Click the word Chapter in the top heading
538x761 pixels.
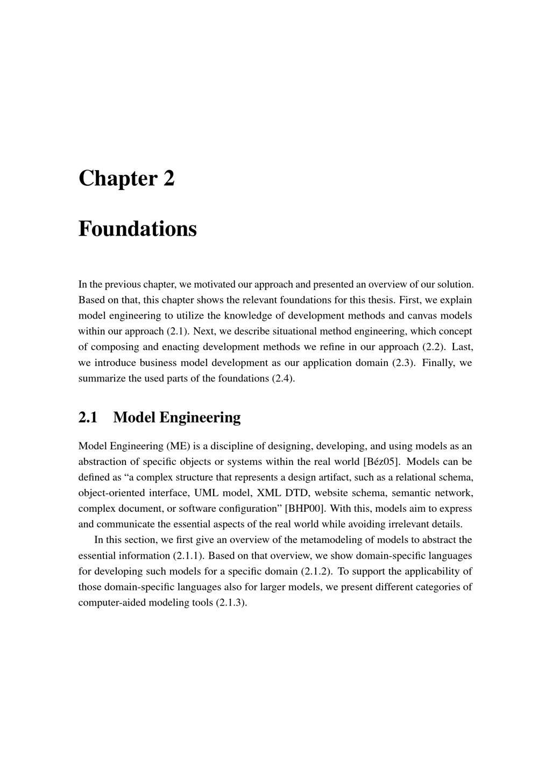[x=118, y=179]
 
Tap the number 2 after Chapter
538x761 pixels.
[x=169, y=179]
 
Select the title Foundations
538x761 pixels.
[x=138, y=229]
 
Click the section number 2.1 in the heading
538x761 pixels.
[x=88, y=418]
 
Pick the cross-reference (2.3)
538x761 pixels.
[x=402, y=363]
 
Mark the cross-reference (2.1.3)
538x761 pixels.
[x=231, y=602]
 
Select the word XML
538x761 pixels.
[x=269, y=493]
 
